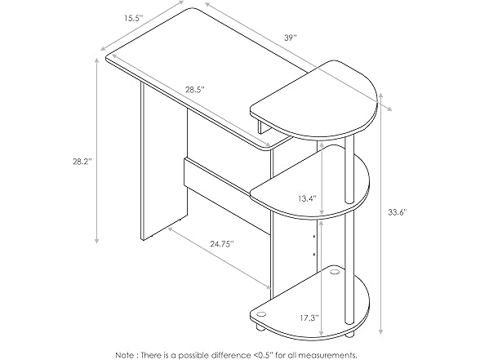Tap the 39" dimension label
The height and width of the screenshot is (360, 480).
(x=290, y=38)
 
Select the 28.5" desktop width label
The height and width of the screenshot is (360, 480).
(x=194, y=89)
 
